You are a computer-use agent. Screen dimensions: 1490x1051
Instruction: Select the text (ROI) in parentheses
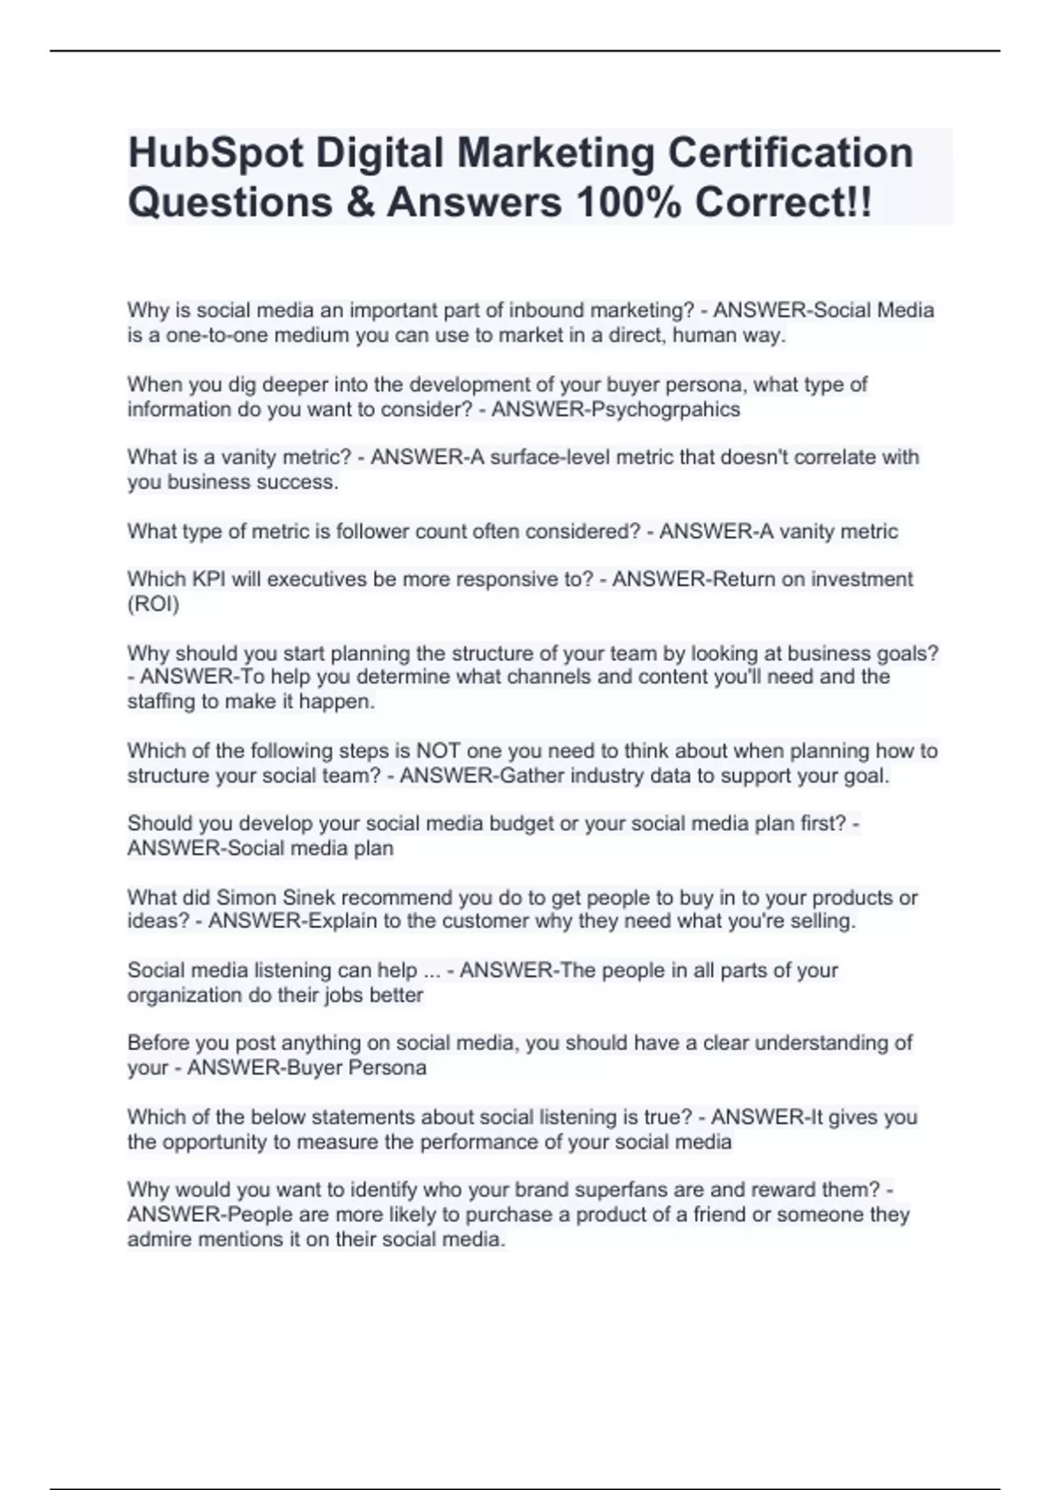click(153, 604)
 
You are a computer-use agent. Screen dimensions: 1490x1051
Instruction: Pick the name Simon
click(244, 898)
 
